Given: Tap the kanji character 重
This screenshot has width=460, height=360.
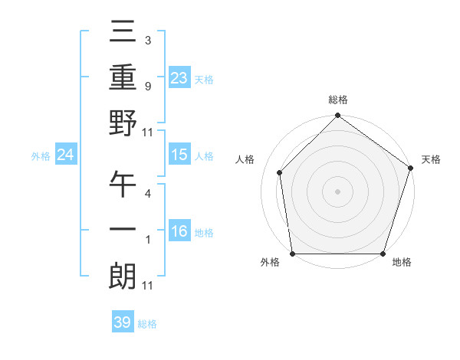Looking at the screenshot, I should coord(123,78).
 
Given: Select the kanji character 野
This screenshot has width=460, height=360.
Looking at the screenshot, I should coord(123,123).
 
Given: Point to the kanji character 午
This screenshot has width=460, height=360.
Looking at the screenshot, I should coord(123,183).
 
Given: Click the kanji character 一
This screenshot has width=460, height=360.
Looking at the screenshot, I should coord(123,230).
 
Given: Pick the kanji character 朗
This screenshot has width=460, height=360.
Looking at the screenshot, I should coord(123,275).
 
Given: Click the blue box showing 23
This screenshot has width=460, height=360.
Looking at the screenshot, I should coord(179,77).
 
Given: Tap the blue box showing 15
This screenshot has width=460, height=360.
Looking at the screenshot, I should coord(179,155).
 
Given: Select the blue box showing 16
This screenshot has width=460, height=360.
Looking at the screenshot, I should coord(179,231).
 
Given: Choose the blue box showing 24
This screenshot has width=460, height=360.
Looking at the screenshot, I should coord(66,155).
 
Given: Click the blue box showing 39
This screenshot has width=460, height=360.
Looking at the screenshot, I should coord(123,322).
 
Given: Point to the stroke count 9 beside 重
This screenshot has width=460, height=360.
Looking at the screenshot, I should coord(148,87).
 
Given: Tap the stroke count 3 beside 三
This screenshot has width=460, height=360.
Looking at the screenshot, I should coord(148,39).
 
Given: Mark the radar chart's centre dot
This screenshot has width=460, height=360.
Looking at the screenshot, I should coord(337,191).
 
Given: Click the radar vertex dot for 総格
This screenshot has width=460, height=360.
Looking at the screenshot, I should coord(337,116).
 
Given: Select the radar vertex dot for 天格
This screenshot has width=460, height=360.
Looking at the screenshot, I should coord(411,169).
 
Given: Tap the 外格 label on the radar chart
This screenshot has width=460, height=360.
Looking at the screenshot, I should coord(270,262).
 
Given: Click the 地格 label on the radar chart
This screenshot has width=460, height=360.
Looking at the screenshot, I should coord(402,262).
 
